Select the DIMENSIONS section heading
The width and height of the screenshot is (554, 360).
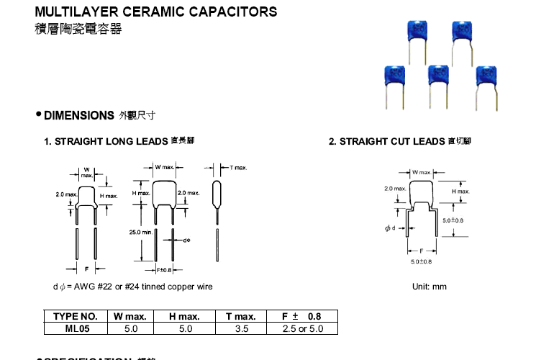pos(79,115)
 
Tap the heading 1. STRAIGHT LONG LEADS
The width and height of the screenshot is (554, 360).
pos(106,142)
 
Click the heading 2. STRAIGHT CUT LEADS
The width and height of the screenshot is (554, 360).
pos(387,142)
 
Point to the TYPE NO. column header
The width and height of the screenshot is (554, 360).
pos(76,317)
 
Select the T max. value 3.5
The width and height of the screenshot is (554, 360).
pos(241,329)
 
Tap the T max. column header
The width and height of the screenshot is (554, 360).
pos(241,317)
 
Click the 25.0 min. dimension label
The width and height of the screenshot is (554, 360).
pos(141,233)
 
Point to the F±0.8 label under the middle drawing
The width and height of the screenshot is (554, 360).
pos(164,270)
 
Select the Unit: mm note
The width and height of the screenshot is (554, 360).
pos(429,287)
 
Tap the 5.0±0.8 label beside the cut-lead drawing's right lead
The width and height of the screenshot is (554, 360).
pos(453,220)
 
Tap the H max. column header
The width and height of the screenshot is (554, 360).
pos(185,317)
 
